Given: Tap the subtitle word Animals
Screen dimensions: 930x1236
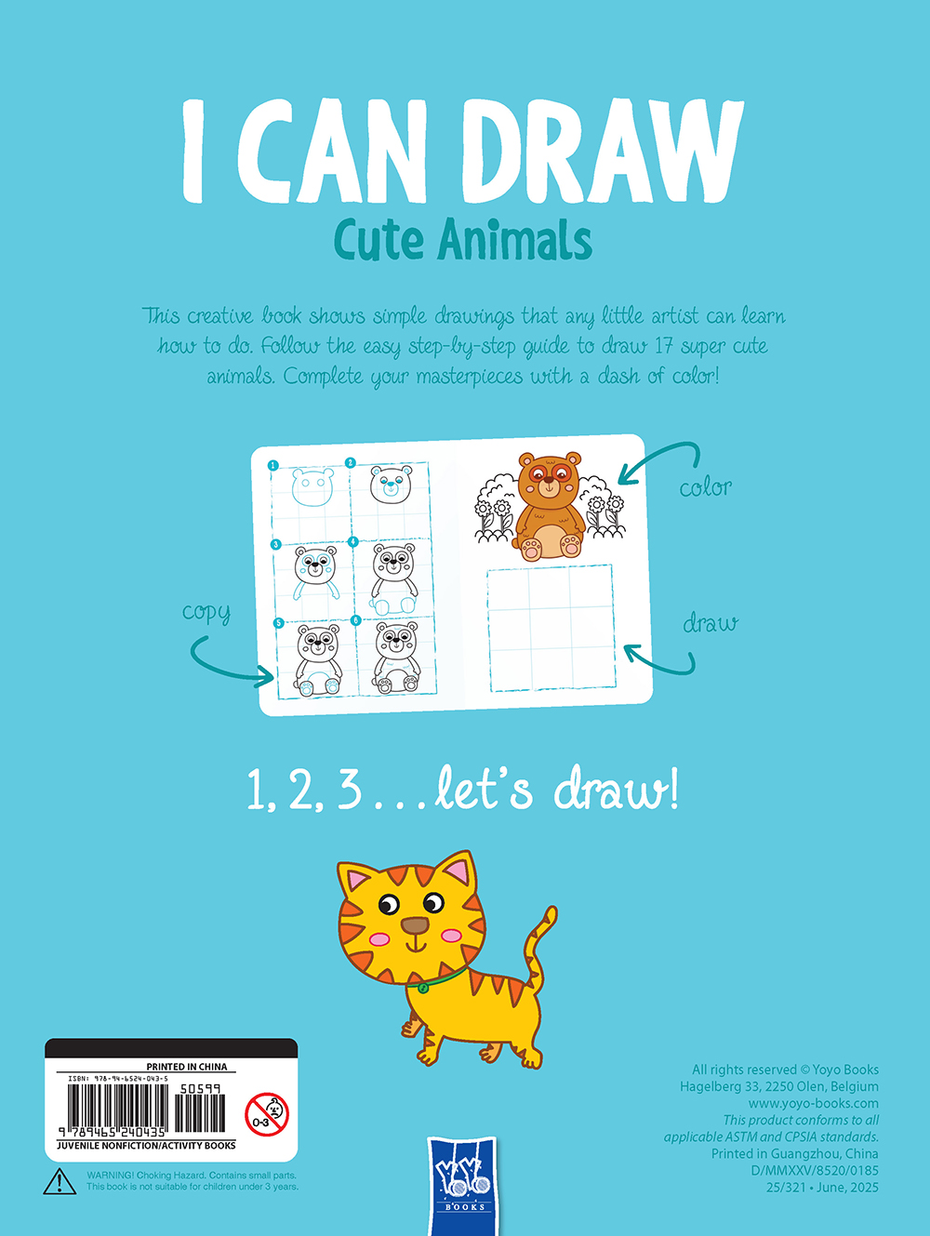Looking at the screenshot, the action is pyautogui.click(x=514, y=241).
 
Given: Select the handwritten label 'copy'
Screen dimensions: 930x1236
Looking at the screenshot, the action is pyautogui.click(x=206, y=613).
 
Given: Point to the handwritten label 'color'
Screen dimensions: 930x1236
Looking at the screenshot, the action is pyautogui.click(x=705, y=486).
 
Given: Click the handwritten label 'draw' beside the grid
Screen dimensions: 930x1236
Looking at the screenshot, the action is pyautogui.click(x=710, y=623).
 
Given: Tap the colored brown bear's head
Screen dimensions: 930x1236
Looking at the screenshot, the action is pyautogui.click(x=550, y=476).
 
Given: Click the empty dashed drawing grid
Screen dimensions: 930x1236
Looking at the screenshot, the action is pyautogui.click(x=551, y=627).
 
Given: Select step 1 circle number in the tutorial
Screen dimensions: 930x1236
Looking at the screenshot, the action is pyautogui.click(x=273, y=465).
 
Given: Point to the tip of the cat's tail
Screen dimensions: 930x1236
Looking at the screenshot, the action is pyautogui.click(x=552, y=910).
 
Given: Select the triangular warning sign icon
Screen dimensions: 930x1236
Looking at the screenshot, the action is pyautogui.click(x=60, y=1181).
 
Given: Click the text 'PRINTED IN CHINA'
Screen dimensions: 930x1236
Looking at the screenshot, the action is pyautogui.click(x=186, y=1067).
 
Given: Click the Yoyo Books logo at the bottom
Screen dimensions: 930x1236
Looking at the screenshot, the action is pyautogui.click(x=462, y=1186).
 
